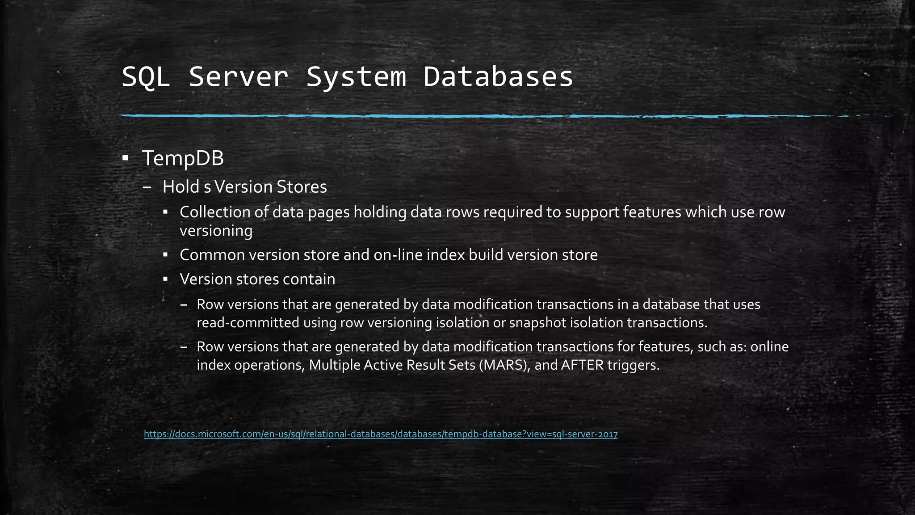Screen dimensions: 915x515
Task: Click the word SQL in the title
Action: pyautogui.click(x=145, y=77)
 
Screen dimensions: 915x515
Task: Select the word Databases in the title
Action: pyautogui.click(x=498, y=77)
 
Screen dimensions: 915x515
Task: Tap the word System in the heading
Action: pyautogui.click(x=356, y=77)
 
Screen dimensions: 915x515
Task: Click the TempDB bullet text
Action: pyautogui.click(x=183, y=158)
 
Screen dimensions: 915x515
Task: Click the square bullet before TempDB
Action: pyautogui.click(x=125, y=158)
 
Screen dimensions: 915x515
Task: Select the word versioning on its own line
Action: pyautogui.click(x=216, y=231)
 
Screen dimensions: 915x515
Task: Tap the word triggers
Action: pyautogui.click(x=634, y=365)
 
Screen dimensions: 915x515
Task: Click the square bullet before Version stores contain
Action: pyautogui.click(x=165, y=279)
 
